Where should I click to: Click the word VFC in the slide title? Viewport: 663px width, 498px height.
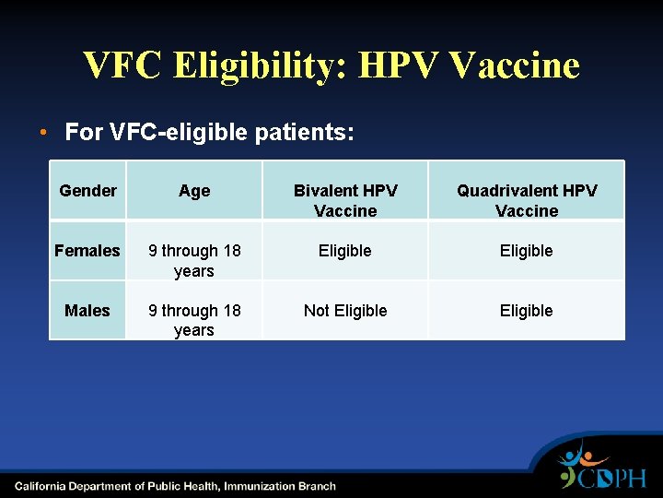[122, 66]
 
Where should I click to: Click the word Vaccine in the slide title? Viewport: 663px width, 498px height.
[517, 66]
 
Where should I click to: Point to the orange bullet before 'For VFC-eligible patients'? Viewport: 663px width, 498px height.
[43, 132]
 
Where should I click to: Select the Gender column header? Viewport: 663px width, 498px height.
[87, 191]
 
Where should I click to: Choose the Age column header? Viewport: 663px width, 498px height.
[194, 191]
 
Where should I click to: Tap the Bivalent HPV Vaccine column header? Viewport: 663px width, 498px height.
[345, 200]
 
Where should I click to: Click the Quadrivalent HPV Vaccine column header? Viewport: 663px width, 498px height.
[527, 200]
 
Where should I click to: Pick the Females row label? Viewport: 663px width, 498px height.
[87, 251]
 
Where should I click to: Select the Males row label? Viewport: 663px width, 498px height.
[87, 311]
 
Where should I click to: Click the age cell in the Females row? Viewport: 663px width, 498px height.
[194, 260]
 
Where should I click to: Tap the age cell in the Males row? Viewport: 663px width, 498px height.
[194, 320]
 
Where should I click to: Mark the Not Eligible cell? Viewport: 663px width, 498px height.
[345, 311]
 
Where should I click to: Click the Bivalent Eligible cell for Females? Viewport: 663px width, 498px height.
[345, 251]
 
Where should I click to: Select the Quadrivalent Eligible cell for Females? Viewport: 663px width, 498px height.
[527, 251]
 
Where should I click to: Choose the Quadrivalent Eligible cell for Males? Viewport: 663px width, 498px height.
[527, 311]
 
